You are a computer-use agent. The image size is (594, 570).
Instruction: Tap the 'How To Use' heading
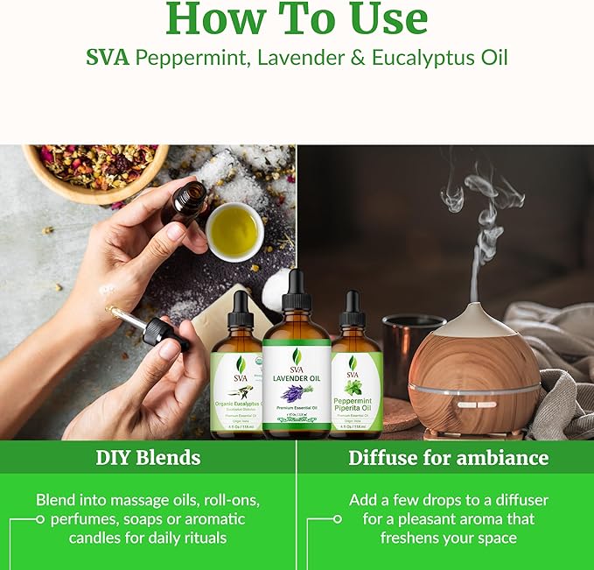tap(297, 18)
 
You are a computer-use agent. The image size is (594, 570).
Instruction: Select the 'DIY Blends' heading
tap(148, 457)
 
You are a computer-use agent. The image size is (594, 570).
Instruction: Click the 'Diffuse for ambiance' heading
tap(448, 457)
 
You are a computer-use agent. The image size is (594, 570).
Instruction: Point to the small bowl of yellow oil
tap(234, 230)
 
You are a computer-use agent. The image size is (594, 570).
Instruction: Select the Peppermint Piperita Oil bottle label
tap(356, 385)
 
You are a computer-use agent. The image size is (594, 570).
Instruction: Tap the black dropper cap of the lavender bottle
tap(297, 292)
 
